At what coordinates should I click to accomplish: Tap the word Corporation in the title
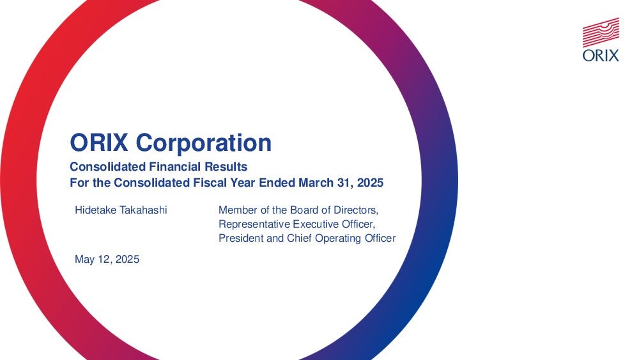click(x=204, y=143)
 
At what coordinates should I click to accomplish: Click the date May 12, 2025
click(x=107, y=260)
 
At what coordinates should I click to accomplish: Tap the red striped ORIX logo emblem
click(x=601, y=32)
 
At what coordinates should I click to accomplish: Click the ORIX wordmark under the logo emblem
click(x=601, y=55)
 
